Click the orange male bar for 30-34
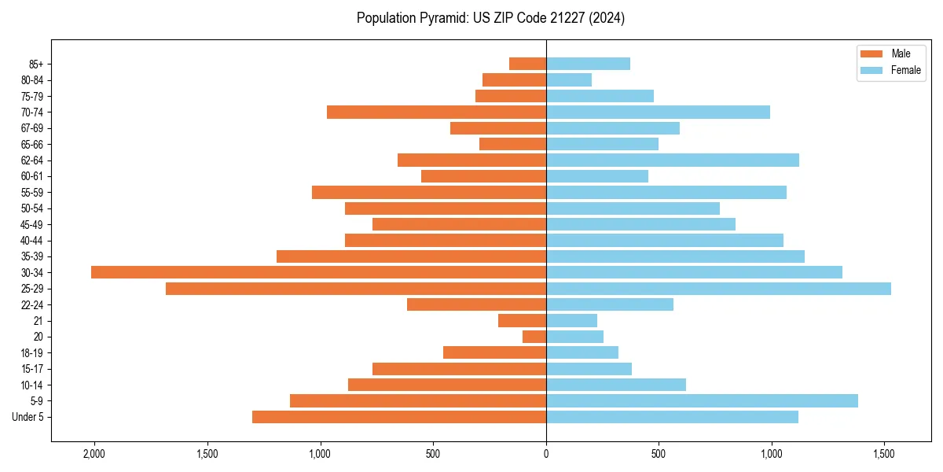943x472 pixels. pyautogui.click(x=318, y=272)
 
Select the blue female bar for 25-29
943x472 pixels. pyautogui.click(x=718, y=289)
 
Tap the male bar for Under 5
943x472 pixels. pyautogui.click(x=399, y=417)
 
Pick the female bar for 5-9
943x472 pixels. pyautogui.click(x=702, y=400)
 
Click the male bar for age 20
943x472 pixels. pyautogui.click(x=534, y=337)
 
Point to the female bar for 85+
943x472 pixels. pyautogui.click(x=588, y=64)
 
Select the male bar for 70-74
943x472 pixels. pyautogui.click(x=436, y=112)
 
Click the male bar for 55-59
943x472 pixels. pyautogui.click(x=429, y=192)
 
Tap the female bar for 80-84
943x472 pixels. pyautogui.click(x=569, y=80)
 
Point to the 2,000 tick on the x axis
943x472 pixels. pyautogui.click(x=94, y=455)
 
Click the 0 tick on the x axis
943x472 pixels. pyautogui.click(x=546, y=455)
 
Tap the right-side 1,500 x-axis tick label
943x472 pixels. pyautogui.click(x=885, y=455)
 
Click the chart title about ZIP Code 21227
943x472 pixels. pyautogui.click(x=490, y=18)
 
